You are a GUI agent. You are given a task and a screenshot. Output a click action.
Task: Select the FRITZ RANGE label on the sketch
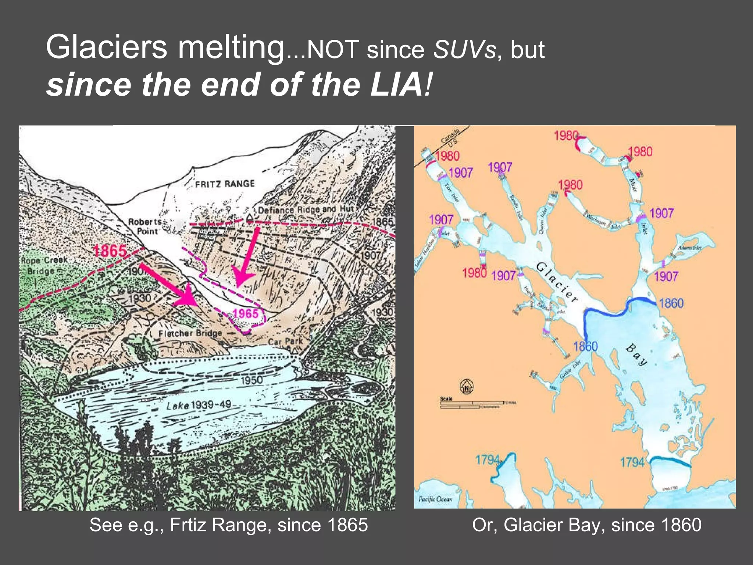click(225, 184)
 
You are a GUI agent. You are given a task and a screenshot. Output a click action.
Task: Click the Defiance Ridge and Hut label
click(305, 210)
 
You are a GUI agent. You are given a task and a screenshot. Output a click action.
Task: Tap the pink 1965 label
click(245, 313)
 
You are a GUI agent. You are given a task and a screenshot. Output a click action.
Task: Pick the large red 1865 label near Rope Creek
click(110, 251)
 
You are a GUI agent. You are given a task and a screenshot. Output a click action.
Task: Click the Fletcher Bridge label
click(190, 333)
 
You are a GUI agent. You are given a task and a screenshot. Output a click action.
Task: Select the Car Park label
click(285, 342)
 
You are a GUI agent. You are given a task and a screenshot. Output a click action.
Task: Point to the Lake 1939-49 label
click(199, 405)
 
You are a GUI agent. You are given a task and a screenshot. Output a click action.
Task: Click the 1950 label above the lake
click(251, 380)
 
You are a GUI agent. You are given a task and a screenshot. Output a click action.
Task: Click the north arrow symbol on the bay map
click(467, 387)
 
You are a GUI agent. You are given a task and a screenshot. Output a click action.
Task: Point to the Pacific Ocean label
click(435, 499)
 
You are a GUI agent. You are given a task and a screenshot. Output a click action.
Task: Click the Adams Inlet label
click(690, 248)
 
